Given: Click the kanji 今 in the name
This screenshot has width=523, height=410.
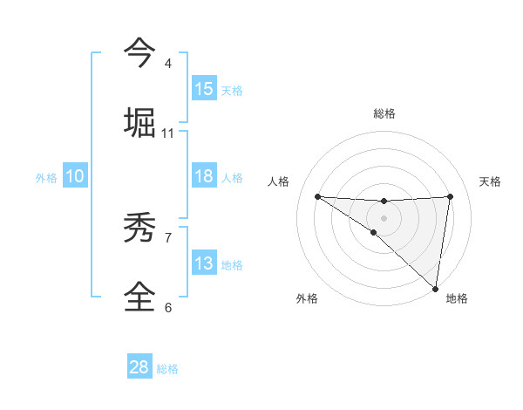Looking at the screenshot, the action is (140, 52).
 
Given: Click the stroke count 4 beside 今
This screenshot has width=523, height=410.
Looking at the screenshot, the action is (168, 64).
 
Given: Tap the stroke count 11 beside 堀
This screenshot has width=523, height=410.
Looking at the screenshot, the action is (168, 133).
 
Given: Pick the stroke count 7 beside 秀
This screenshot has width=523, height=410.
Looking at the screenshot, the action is (168, 236).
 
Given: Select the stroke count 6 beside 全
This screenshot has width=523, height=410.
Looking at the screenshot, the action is (168, 307).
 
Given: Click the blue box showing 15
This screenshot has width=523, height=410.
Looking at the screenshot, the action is (204, 89).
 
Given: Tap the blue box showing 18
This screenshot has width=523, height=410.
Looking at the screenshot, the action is (204, 176).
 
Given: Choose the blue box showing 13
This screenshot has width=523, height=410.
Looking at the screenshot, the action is (204, 263).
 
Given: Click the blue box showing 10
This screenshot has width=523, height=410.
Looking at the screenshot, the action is (75, 176).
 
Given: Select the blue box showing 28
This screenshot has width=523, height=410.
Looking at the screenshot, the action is (139, 367).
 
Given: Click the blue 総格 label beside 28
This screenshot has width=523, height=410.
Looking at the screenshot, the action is (167, 369).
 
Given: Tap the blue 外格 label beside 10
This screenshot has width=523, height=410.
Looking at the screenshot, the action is (46, 178).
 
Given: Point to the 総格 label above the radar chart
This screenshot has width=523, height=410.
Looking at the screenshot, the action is (384, 113).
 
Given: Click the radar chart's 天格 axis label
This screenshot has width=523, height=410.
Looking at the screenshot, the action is (491, 181).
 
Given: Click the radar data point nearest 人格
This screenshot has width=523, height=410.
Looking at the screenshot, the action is (317, 196).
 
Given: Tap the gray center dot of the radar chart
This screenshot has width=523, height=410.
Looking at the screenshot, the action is (384, 217).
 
